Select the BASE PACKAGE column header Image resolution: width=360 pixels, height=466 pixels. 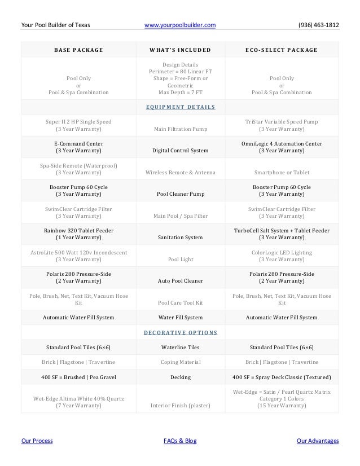(x=78, y=50)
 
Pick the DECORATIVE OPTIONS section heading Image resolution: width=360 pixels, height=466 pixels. (x=179, y=332)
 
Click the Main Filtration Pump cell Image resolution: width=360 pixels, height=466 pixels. (x=179, y=129)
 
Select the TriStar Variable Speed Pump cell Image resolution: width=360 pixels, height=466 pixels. (x=282, y=125)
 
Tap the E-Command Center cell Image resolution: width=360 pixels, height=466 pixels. (x=78, y=147)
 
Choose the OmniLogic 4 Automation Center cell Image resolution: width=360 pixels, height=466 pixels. (x=282, y=147)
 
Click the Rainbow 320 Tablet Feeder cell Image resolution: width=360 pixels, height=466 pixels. (x=78, y=234)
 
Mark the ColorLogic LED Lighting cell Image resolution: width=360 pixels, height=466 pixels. (x=282, y=256)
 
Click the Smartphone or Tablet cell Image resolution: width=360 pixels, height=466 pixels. (x=282, y=173)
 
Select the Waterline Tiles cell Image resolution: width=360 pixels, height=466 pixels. (x=179, y=347)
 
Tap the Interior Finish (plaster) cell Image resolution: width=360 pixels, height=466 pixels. (x=179, y=405)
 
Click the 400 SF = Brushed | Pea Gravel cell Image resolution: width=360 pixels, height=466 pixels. (x=78, y=376)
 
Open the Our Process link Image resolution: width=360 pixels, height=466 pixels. (x=37, y=441)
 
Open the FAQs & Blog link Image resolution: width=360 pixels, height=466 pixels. (x=179, y=441)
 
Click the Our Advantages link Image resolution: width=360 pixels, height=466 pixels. (x=318, y=441)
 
